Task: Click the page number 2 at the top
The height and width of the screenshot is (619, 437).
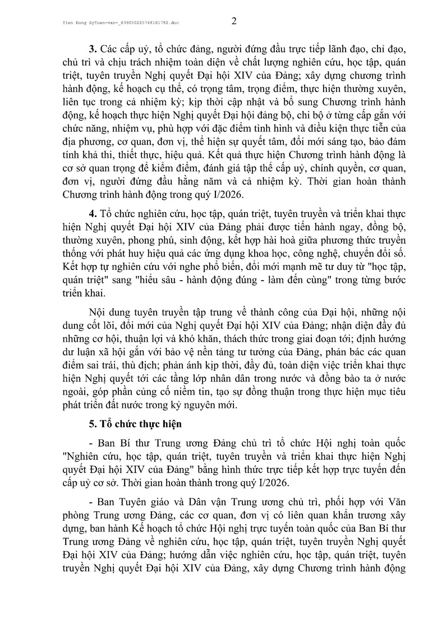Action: pyautogui.click(x=234, y=22)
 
